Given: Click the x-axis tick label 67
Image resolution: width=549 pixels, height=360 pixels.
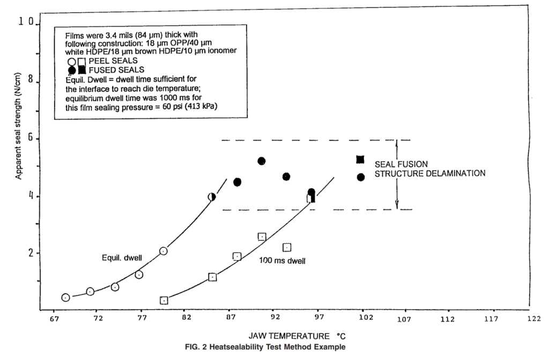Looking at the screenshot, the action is click(x=54, y=318).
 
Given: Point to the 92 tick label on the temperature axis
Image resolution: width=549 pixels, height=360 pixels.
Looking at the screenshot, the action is click(x=276, y=317).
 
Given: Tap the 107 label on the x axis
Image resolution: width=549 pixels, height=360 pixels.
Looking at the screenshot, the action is click(x=404, y=319).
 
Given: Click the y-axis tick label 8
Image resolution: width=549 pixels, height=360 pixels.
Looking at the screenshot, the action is click(x=31, y=79).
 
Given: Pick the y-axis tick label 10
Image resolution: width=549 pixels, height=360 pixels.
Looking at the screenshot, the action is click(x=26, y=21).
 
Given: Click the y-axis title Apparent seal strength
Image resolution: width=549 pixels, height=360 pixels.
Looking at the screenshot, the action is click(x=18, y=126).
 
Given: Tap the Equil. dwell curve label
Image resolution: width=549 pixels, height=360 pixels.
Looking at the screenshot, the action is click(x=122, y=258).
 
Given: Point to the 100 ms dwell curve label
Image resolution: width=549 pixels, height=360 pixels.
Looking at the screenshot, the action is click(x=282, y=261).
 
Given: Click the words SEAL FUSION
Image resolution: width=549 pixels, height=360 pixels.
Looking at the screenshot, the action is click(x=401, y=164).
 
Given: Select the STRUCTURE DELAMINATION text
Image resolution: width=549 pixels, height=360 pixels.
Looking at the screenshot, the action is click(x=430, y=174).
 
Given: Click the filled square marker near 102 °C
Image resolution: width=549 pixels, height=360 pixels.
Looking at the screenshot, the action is click(x=360, y=160).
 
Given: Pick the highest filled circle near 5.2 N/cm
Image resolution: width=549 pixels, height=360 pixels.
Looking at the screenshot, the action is click(x=261, y=161).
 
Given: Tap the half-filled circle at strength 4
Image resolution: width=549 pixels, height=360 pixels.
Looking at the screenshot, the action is click(x=211, y=197).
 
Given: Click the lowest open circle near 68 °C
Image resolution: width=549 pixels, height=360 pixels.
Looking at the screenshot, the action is click(x=65, y=297).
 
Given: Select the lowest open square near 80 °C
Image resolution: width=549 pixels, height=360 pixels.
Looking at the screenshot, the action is click(x=164, y=301).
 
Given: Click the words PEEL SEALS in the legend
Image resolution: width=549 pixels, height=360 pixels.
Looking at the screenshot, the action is click(x=113, y=61).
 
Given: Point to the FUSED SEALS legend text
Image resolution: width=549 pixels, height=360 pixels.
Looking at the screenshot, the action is click(x=116, y=70).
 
